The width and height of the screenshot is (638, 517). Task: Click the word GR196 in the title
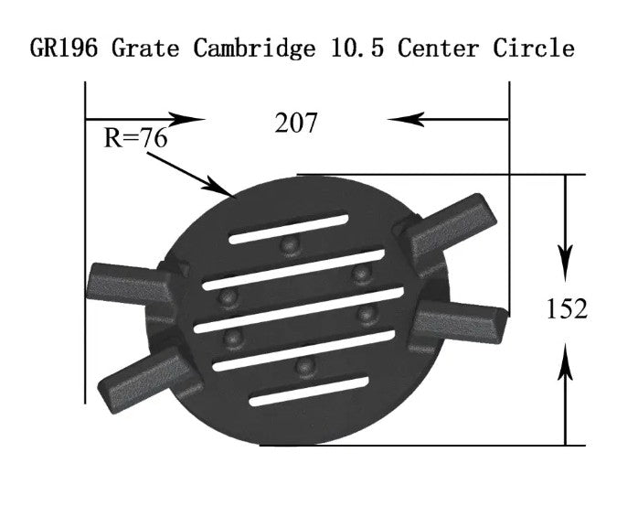tap(66, 48)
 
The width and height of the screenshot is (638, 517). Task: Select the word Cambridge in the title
tap(250, 48)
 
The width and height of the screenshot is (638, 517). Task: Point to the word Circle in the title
tap(534, 48)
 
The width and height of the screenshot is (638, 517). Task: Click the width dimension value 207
tap(296, 123)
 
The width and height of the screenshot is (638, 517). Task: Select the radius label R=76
tap(136, 138)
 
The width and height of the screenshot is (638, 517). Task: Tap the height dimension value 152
tap(567, 308)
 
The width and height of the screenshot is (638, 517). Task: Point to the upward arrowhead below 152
tap(567, 362)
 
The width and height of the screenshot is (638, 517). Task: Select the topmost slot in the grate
tap(288, 229)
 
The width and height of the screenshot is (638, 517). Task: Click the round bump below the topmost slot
tap(291, 245)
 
